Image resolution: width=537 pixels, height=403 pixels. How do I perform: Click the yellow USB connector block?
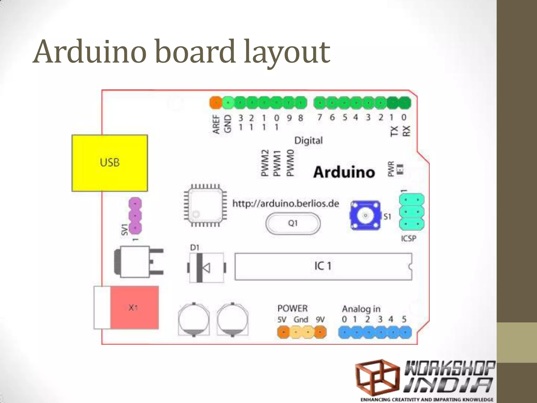[110, 163]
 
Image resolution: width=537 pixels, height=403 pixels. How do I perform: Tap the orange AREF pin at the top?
[216, 102]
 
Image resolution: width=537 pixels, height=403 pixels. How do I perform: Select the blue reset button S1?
[365, 215]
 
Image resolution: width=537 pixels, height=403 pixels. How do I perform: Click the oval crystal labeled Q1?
[293, 223]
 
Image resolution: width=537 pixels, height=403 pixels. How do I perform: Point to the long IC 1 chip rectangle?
[323, 266]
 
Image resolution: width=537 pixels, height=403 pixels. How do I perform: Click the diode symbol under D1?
[206, 268]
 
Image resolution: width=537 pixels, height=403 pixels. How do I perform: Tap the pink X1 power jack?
[134, 307]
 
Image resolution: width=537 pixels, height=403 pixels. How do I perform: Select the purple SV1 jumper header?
[135, 216]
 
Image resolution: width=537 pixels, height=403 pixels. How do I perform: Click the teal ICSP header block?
[412, 212]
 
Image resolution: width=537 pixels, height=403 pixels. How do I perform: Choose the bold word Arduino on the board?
[344, 172]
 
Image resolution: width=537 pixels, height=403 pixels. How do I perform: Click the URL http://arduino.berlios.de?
[286, 204]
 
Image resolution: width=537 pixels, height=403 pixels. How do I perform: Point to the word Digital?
[308, 141]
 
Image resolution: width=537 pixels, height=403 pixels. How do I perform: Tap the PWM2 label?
[265, 163]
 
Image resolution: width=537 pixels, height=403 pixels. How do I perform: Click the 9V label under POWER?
[320, 320]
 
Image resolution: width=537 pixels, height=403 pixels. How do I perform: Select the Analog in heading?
[361, 309]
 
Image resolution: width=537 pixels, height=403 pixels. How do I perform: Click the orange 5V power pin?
[283, 332]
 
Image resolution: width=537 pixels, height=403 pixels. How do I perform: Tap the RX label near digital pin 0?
[406, 131]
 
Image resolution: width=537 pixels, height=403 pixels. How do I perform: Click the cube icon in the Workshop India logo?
[377, 378]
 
